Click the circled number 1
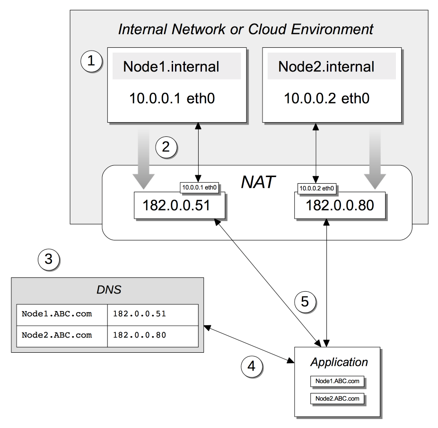(x=91, y=61)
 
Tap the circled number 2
(x=166, y=147)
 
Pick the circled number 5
(x=305, y=302)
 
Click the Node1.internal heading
(x=171, y=66)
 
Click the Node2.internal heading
(x=326, y=66)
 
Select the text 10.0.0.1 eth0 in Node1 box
(x=173, y=98)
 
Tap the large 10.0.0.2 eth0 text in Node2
(x=327, y=98)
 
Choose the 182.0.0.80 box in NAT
(x=340, y=205)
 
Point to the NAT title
(x=258, y=182)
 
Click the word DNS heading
(x=108, y=289)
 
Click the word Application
(x=339, y=362)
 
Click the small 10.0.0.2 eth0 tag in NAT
(x=317, y=188)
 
